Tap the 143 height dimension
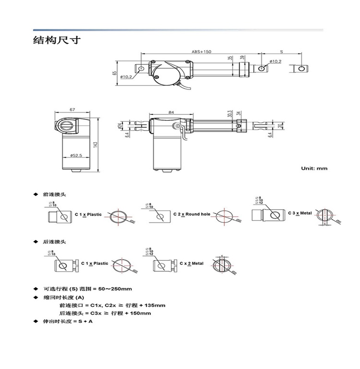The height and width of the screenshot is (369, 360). click(x=95, y=144)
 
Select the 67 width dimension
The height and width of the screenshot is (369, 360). click(x=72, y=110)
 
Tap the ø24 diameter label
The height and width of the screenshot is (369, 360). click(x=120, y=125)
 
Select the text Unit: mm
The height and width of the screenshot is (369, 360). click(x=314, y=168)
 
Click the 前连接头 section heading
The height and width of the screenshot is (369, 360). click(x=55, y=195)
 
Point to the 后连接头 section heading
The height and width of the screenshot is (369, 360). click(x=55, y=242)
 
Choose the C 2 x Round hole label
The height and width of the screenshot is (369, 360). click(x=192, y=214)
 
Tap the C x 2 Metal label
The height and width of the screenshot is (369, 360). click(x=191, y=263)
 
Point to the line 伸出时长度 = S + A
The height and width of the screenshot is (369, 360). click(x=68, y=321)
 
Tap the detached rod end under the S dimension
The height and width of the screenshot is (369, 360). click(x=300, y=69)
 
